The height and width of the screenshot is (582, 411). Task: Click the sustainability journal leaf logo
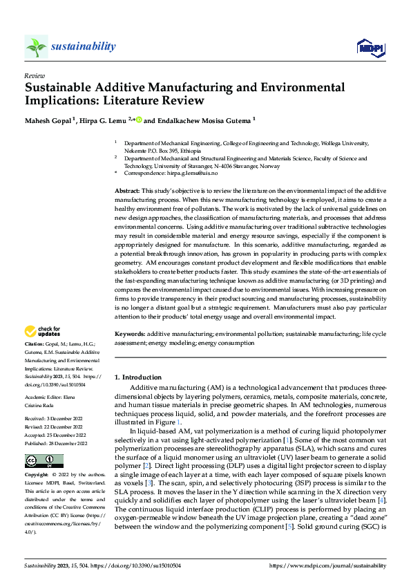click(x=37, y=46)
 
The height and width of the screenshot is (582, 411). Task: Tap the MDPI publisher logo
click(x=370, y=46)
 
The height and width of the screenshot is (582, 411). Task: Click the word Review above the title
click(x=34, y=75)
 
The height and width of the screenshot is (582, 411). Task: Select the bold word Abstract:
click(x=128, y=190)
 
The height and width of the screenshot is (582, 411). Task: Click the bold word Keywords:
click(x=129, y=332)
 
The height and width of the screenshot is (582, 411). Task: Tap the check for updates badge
click(x=43, y=332)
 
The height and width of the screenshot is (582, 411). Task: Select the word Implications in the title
click(x=61, y=100)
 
